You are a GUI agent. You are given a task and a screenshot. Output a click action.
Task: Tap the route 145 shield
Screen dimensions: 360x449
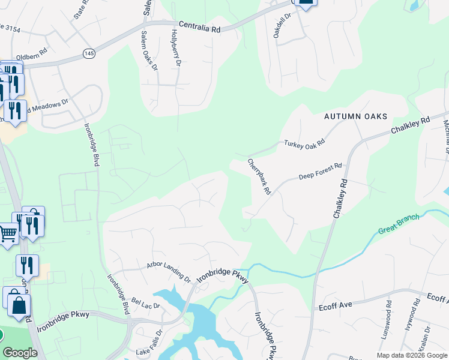click(88, 53)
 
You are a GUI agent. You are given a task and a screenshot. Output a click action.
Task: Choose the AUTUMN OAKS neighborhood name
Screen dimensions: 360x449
click(355, 116)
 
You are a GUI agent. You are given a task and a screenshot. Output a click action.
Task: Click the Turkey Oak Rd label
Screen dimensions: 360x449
click(304, 143)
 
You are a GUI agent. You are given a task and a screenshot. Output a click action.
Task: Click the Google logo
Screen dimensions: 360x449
click(20, 353)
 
